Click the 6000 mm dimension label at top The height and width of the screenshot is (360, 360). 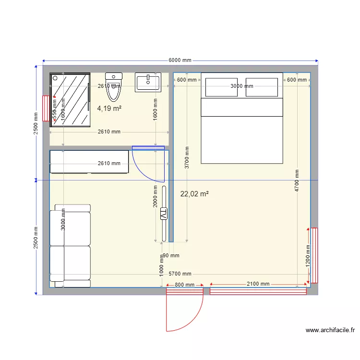pos(180,60)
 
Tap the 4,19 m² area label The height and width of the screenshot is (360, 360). pos(109,108)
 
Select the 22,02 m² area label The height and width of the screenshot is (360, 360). pos(194,194)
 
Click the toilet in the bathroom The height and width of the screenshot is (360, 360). pos(114,86)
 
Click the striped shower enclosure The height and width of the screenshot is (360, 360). pos(71,100)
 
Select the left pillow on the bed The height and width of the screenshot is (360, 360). pos(221,87)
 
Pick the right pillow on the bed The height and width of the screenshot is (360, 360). pos(262,87)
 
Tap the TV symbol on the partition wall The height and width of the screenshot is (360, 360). pos(164,214)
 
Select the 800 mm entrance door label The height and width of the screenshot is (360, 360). pos(185,285)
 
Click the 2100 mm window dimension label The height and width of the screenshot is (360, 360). pos(258,284)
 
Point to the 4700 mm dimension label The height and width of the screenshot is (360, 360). pos(297,180)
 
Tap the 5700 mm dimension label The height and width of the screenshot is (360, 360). pos(180,274)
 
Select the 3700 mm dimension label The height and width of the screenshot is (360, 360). pos(187,156)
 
